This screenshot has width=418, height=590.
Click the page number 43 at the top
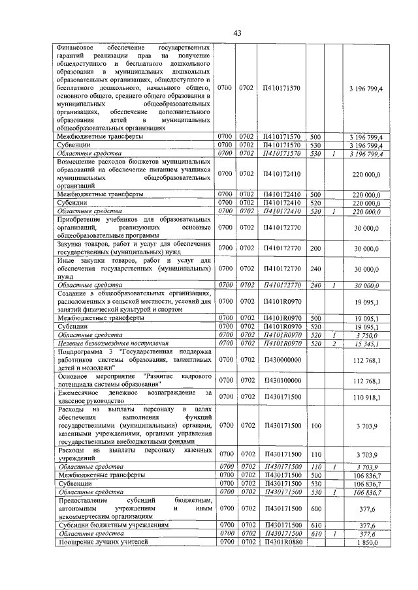coord(238,33)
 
